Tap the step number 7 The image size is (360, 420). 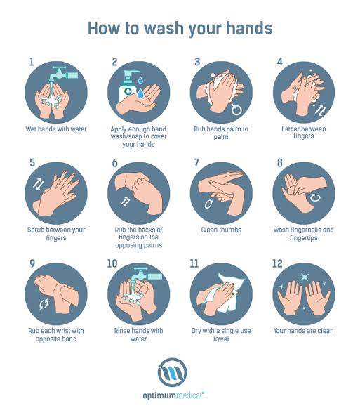pyautogui.click(x=196, y=162)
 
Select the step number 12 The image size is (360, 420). pyautogui.click(x=277, y=263)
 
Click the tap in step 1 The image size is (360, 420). pyautogui.click(x=64, y=73)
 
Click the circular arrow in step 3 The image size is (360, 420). pyautogui.click(x=236, y=110)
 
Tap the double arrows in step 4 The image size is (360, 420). pyautogui.click(x=321, y=110)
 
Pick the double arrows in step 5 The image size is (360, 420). pyautogui.click(x=39, y=184)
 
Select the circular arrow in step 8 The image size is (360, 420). pyautogui.click(x=315, y=198)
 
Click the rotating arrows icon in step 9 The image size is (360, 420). pyautogui.click(x=44, y=304)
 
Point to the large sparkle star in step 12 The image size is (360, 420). pyautogui.click(x=305, y=277)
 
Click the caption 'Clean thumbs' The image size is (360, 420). pyautogui.click(x=221, y=230)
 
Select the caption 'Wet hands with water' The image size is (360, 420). pyautogui.click(x=56, y=129)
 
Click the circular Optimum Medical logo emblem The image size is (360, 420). pyautogui.click(x=173, y=372)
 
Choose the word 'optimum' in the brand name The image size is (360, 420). pyautogui.click(x=159, y=395)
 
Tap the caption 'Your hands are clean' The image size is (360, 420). pyautogui.click(x=304, y=331)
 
